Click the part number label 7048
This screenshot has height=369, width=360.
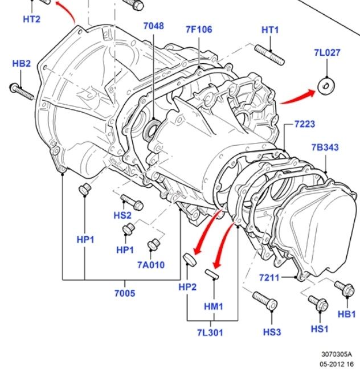point(153,26)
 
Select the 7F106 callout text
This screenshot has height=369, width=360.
point(198,30)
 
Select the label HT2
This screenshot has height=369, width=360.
point(31,19)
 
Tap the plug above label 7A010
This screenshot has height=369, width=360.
point(153,245)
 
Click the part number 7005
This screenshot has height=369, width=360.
point(125,293)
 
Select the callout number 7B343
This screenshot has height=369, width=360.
point(325,147)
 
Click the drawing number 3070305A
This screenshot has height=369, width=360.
point(336,354)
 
